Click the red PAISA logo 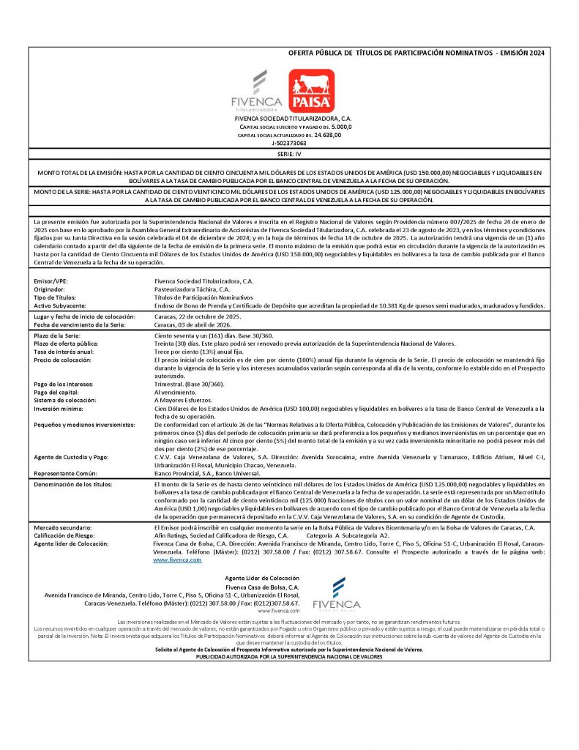coord(311,90)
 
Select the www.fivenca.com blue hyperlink coord(176,560)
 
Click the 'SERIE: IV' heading coord(289,155)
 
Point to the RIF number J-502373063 coord(289,144)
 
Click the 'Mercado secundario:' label coord(63,527)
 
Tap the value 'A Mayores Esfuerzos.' coord(184,400)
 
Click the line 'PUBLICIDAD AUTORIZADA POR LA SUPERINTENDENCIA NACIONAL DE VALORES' coord(289,657)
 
